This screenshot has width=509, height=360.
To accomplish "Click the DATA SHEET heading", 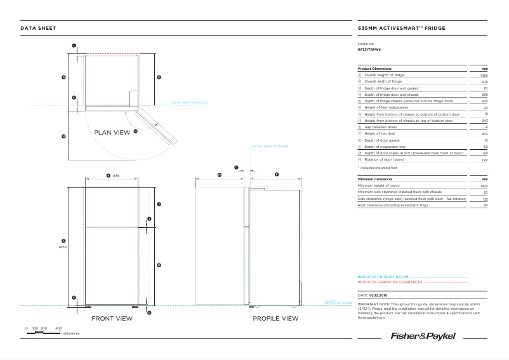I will pyautogui.click(x=38, y=28).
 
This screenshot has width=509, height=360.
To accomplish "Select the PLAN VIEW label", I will pyautogui.click(x=112, y=133).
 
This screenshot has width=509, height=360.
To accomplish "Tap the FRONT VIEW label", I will pyautogui.click(x=112, y=318).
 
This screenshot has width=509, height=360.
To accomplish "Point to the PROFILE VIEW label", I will pyautogui.click(x=275, y=318).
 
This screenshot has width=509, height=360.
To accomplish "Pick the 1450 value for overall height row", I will pyautogui.click(x=484, y=75).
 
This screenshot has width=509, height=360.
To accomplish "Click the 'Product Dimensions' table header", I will pyautogui.click(x=374, y=68).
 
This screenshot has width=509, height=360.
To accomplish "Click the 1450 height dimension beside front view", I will pyautogui.click(x=63, y=246).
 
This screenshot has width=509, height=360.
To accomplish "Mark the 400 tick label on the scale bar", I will pyautogui.click(x=59, y=328).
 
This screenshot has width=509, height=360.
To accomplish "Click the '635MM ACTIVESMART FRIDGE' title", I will pyautogui.click(x=401, y=28).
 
